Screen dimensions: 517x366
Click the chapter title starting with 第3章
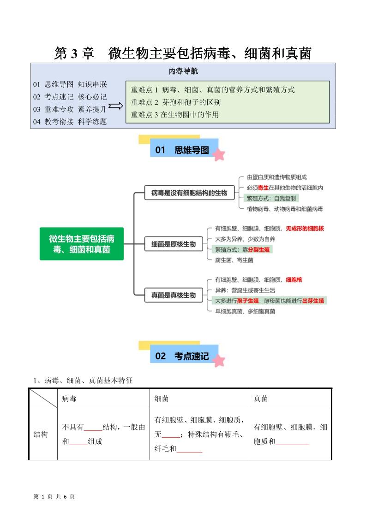(x=183, y=53)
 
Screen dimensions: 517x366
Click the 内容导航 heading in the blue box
(x=183, y=71)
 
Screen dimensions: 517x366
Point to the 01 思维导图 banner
(x=183, y=150)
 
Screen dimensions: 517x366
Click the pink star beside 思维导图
(x=219, y=154)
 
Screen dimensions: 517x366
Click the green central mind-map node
(x=82, y=244)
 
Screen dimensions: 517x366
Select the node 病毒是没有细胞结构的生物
(x=186, y=193)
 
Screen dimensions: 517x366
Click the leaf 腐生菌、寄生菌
(x=234, y=260)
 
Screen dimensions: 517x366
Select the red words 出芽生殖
(x=313, y=300)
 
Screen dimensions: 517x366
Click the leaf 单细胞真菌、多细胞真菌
(x=245, y=311)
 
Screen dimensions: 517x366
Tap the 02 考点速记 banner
(x=183, y=356)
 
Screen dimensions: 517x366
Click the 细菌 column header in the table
(x=162, y=399)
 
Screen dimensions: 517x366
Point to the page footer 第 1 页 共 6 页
(x=54, y=496)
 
